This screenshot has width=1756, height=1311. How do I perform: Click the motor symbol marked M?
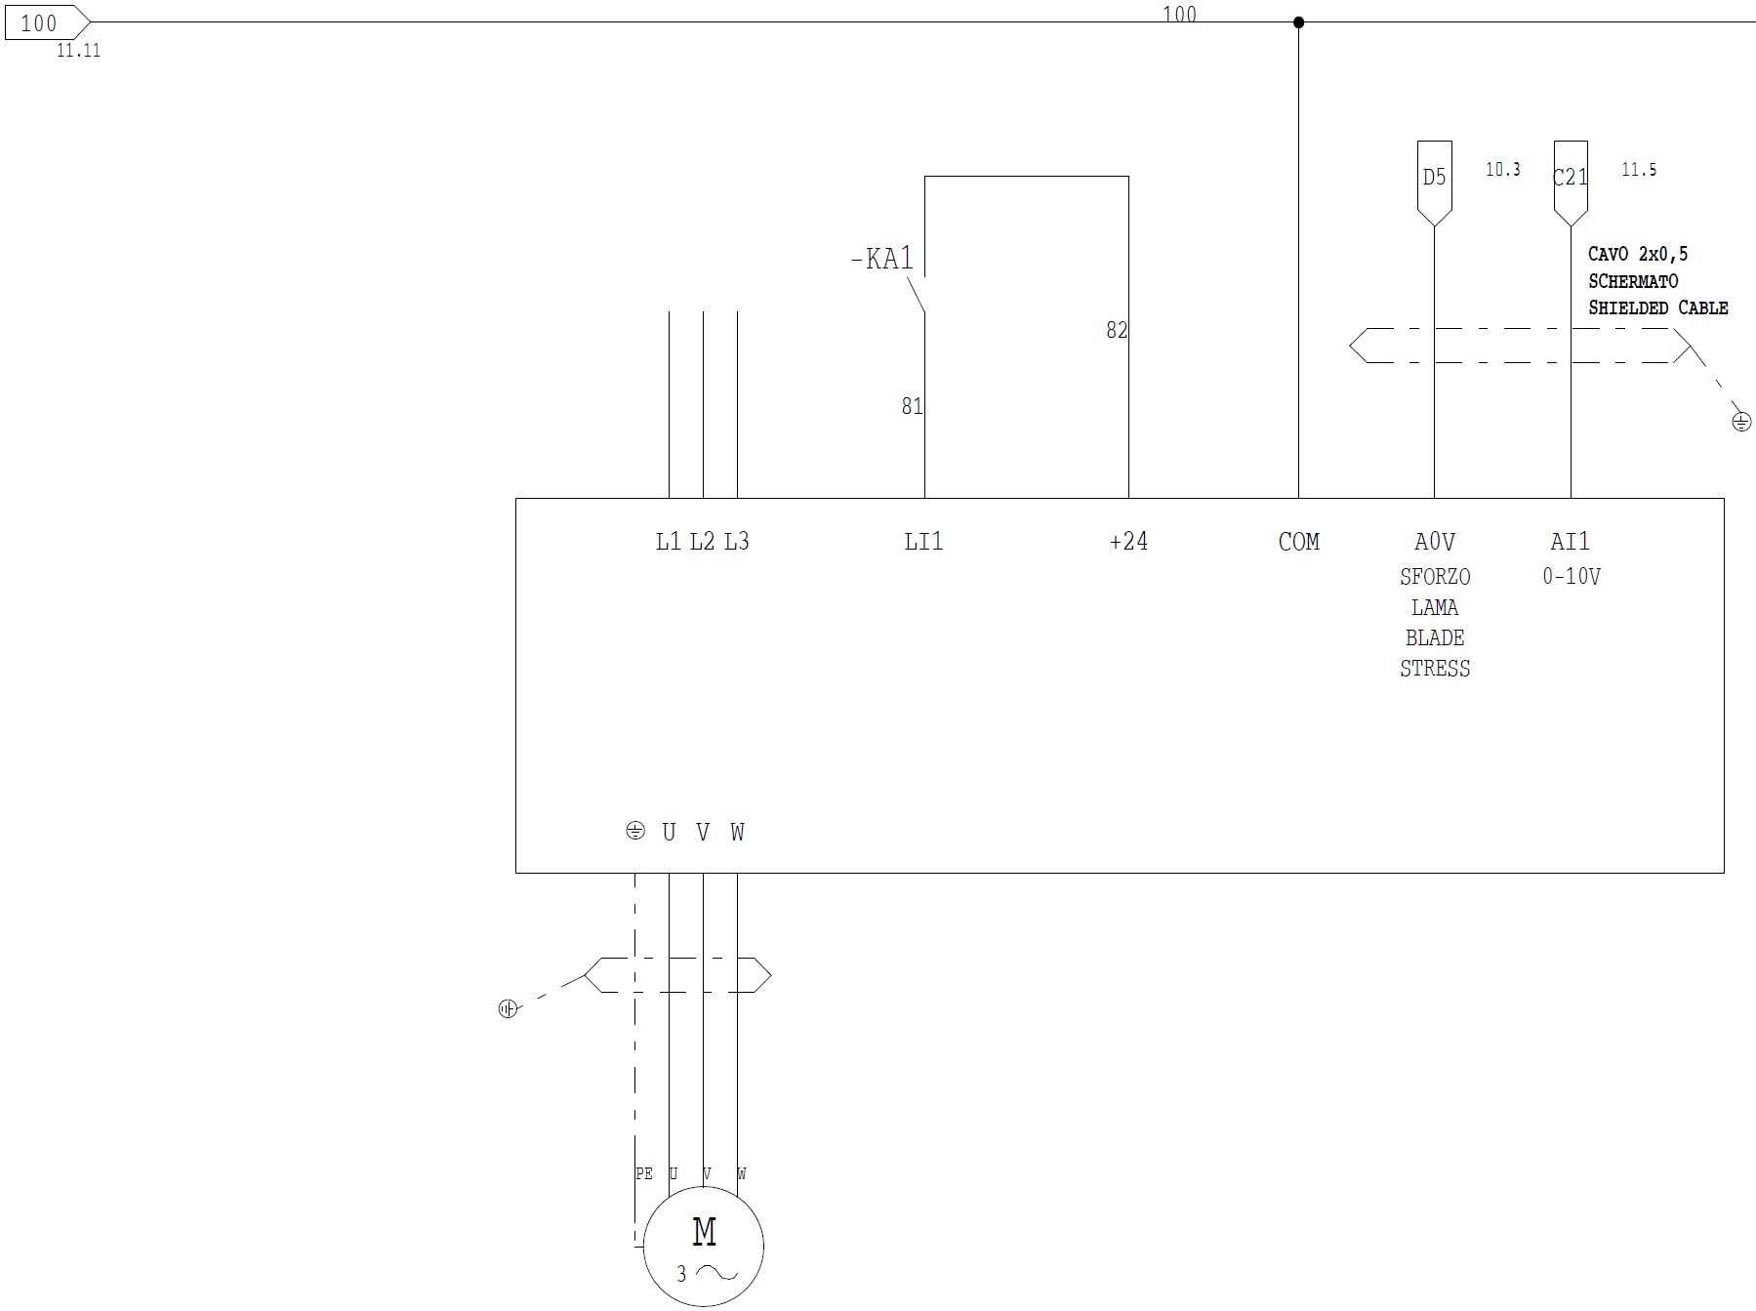703,1246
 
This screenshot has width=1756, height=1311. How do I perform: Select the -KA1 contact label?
881,259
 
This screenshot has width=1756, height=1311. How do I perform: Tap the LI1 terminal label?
923,541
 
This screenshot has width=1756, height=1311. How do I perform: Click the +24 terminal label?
1128,541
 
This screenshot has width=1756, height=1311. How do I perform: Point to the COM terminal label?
1298,541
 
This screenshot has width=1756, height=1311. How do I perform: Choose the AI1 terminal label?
1570,541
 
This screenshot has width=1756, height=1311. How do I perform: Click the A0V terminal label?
1434,541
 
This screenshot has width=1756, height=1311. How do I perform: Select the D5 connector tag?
1434,178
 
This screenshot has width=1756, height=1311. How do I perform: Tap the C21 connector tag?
1570,178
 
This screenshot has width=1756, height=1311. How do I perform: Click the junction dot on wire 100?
1298,22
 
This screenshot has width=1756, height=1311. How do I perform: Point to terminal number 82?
1116,331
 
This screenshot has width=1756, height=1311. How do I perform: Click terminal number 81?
912,406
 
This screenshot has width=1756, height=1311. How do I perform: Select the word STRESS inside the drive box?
1434,669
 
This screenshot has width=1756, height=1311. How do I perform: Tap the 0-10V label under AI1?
1571,577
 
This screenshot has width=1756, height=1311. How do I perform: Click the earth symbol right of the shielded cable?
1741,422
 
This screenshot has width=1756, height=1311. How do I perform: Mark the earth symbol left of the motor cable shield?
508,1009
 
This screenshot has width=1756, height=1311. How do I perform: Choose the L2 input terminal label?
702,541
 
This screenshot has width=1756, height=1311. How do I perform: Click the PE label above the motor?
643,1173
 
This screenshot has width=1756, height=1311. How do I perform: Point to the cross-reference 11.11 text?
78,51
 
